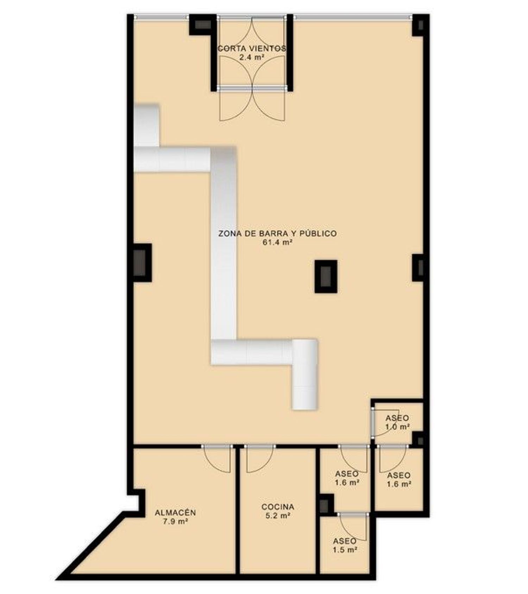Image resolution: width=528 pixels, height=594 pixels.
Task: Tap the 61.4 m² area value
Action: pos(278,242)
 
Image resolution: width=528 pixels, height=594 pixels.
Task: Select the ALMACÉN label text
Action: pos(175,513)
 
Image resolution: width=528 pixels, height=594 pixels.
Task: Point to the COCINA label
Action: pos(278,507)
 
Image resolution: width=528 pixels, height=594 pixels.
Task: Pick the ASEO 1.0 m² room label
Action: pos(397,422)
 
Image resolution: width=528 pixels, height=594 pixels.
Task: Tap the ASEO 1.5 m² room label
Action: pos(345,545)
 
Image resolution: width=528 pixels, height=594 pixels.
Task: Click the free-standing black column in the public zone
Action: pos(326,277)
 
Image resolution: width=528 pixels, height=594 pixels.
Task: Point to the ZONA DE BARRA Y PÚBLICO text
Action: pos(277,233)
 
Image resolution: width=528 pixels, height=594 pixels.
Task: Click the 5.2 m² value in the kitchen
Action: pos(278,516)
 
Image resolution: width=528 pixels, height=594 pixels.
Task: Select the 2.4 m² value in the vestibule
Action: pos(252,57)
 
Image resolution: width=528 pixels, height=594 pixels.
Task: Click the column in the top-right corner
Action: pos(421,25)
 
